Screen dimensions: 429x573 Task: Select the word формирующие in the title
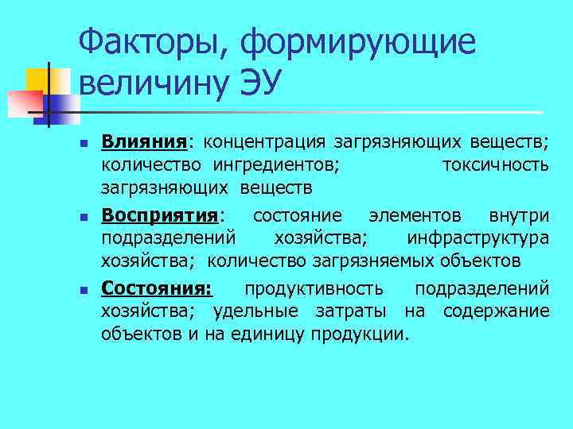point(358,41)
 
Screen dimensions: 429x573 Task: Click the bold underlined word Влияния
point(144,142)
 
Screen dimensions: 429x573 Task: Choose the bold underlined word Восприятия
point(160,215)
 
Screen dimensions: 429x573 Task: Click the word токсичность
point(494,164)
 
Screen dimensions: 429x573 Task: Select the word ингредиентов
point(275,164)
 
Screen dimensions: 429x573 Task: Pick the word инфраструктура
point(477,238)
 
